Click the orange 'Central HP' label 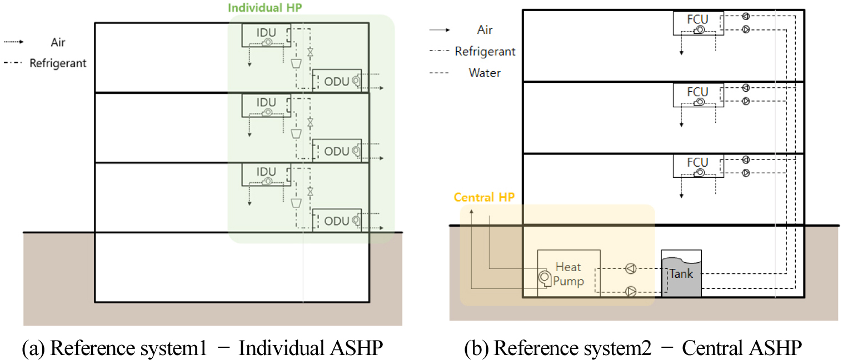tap(484, 197)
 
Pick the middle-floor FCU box tap(698, 95)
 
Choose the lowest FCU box tap(698, 166)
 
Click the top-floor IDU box tap(266, 35)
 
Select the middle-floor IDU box tap(266, 106)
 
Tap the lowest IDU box tap(266, 175)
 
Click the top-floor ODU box tap(337, 81)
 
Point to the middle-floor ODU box tap(337, 151)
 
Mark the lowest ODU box tap(337, 221)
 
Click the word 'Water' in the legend tap(485, 73)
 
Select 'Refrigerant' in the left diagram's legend tap(58, 63)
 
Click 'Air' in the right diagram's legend tap(485, 30)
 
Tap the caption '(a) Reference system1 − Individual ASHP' tap(202, 349)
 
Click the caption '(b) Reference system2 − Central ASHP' tap(633, 349)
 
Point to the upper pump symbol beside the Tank tap(631, 269)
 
